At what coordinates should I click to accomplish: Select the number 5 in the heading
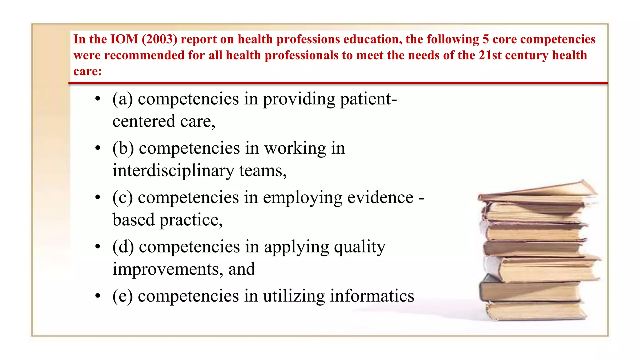coord(485,39)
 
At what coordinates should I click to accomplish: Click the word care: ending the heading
coord(87,72)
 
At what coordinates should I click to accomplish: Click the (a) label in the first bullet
coord(122,99)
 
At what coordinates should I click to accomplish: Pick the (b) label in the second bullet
coord(123,148)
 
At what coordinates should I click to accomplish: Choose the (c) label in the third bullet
coord(122,197)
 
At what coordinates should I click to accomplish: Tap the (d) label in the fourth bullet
coord(123,247)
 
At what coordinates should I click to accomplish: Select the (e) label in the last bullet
coord(122,296)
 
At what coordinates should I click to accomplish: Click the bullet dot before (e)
coord(98,295)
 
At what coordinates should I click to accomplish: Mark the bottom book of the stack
coord(536,311)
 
